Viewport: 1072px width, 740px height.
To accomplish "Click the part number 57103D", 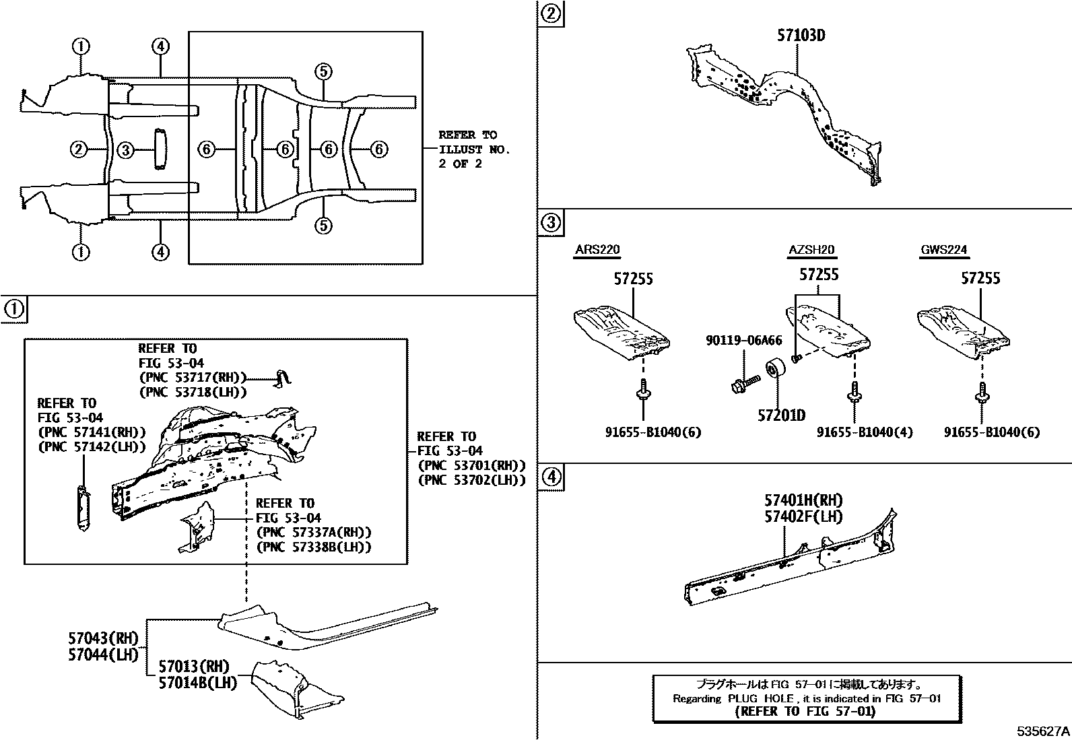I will point(801,35).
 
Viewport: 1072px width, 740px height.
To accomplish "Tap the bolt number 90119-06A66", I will point(743,341).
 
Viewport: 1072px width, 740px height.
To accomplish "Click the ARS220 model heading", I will point(597,250).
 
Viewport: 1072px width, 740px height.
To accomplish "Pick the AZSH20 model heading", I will point(811,250).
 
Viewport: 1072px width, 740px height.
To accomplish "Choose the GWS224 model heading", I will point(943,250).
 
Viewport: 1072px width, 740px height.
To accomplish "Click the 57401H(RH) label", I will point(803,500).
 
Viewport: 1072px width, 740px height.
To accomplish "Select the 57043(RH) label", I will point(102,638).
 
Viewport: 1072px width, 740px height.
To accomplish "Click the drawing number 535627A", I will point(1042,731).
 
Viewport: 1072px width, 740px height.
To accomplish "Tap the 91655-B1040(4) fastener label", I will point(865,432).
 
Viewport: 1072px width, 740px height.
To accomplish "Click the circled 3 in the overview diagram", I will point(125,149).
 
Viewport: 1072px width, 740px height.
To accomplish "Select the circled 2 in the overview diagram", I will point(79,149).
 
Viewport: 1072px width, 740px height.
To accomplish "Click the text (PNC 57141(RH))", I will point(92,432).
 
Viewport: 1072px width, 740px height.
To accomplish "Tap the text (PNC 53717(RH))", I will point(193,378).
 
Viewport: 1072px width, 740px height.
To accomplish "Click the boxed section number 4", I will point(551,477).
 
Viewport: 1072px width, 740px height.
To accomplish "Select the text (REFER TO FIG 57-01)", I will point(805,711).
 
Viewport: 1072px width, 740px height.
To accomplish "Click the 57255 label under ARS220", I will point(633,279).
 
